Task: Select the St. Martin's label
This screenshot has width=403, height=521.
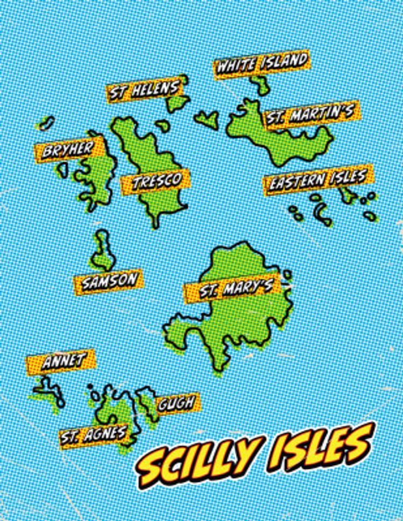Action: coord(309,115)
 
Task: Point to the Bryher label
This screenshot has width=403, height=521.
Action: coord(68,150)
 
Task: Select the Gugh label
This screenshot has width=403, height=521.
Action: coord(175,403)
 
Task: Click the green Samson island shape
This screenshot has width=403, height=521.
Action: coord(102,251)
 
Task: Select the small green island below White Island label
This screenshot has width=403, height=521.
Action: coord(261,85)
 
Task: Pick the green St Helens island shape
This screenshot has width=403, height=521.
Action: coord(175,104)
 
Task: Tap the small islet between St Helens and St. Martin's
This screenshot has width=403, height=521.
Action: coord(208,119)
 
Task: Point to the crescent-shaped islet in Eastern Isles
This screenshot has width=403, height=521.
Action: coord(321,213)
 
